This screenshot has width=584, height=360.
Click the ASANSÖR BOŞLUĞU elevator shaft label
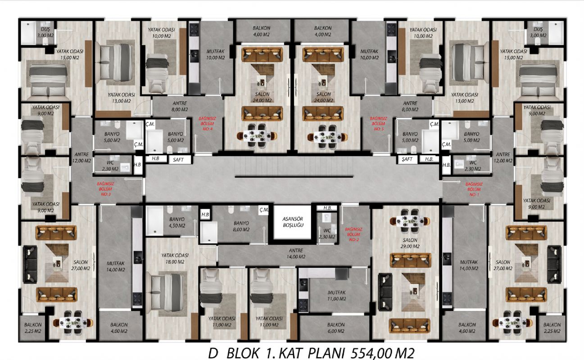pyautogui.click(x=293, y=222)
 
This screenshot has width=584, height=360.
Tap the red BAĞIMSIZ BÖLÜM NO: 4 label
pyautogui.click(x=207, y=124)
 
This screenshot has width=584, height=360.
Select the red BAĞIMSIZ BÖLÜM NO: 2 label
pyautogui.click(x=354, y=234)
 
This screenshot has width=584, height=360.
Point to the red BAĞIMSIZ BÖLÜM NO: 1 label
pyautogui.click(x=474, y=189)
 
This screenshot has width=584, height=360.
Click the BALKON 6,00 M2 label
pyautogui.click(x=336, y=328)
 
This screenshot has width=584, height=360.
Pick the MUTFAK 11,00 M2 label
pyautogui.click(x=337, y=296)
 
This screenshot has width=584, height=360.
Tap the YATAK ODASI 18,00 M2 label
pyautogui.click(x=175, y=258)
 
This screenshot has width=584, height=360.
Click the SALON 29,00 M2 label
pyautogui.click(x=410, y=243)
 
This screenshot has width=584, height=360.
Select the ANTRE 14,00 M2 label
pyautogui.click(x=296, y=253)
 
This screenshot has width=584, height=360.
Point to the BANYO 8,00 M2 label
pyautogui.click(x=241, y=226)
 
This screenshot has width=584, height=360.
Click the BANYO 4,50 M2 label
pyautogui.click(x=177, y=222)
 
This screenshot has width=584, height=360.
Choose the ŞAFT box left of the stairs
pyautogui.click(x=178, y=160)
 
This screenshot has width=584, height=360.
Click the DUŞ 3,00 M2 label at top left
pyautogui.click(x=45, y=32)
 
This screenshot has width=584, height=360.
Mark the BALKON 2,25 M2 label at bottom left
pyautogui.click(x=33, y=328)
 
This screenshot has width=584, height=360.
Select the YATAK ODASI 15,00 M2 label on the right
pyautogui.click(x=514, y=54)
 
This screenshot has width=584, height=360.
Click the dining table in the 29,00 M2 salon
pyautogui.click(x=410, y=221)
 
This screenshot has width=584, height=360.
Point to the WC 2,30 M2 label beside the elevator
pyautogui.click(x=327, y=234)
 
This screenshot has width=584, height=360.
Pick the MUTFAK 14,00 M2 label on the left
pyautogui.click(x=116, y=266)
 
